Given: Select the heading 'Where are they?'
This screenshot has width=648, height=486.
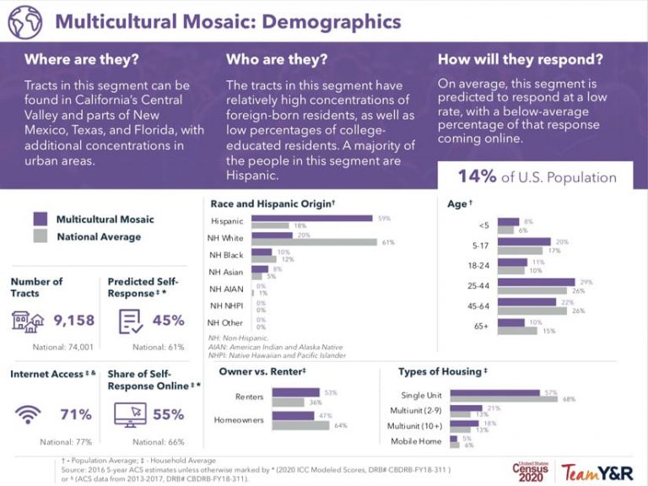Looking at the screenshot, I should click(82, 60).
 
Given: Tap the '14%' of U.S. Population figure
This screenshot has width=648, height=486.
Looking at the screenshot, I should click(475, 177).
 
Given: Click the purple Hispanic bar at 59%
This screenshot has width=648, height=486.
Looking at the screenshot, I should click(310, 218).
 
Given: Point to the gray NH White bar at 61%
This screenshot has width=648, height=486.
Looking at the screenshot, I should click(313, 242).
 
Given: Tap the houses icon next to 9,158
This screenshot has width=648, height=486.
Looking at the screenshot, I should click(30, 321).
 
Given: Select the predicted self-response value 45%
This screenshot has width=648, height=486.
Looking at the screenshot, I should click(168, 321).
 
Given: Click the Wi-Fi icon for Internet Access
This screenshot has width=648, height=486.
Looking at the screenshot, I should click(30, 414).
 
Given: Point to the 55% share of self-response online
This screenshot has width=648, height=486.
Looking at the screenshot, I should click(168, 414).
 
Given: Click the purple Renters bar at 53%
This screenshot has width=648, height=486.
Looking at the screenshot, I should click(296, 392).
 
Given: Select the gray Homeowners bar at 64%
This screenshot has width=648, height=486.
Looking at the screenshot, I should click(301, 424).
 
